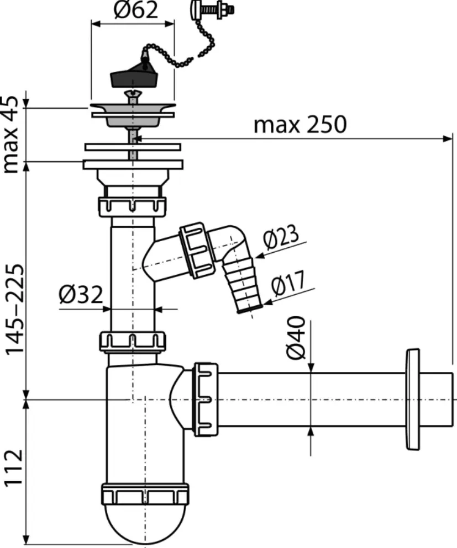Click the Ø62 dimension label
coord(136,10)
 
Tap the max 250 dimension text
coord(300,124)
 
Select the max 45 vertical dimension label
coord(10,135)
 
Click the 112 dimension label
coord(13,468)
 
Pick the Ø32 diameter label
coord(81,294)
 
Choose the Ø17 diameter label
coord(288,282)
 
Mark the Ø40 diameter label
coord(296,338)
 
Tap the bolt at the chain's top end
coord(212,9)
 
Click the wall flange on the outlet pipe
coord(412,399)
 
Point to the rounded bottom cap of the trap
coord(145,524)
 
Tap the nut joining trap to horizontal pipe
coord(206,400)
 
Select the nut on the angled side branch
coord(197,250)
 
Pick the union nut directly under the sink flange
coord(132,207)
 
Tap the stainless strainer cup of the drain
coord(133,115)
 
